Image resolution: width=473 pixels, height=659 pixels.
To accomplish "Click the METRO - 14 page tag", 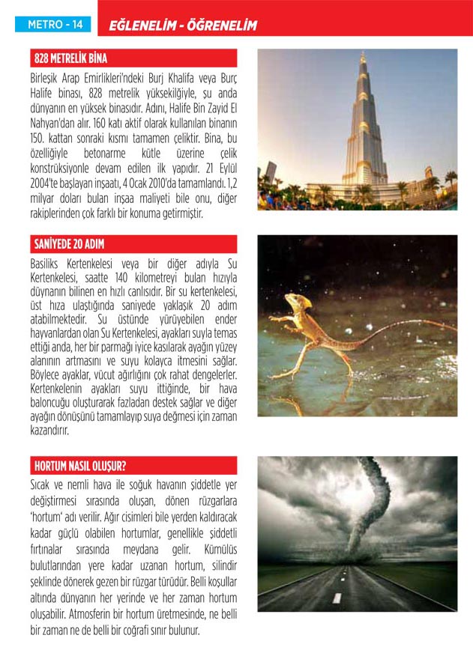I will tap(55, 25).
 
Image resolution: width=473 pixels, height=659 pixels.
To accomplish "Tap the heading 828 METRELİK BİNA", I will tap(71, 58).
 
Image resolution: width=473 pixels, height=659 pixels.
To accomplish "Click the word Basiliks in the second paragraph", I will tap(49, 264).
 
